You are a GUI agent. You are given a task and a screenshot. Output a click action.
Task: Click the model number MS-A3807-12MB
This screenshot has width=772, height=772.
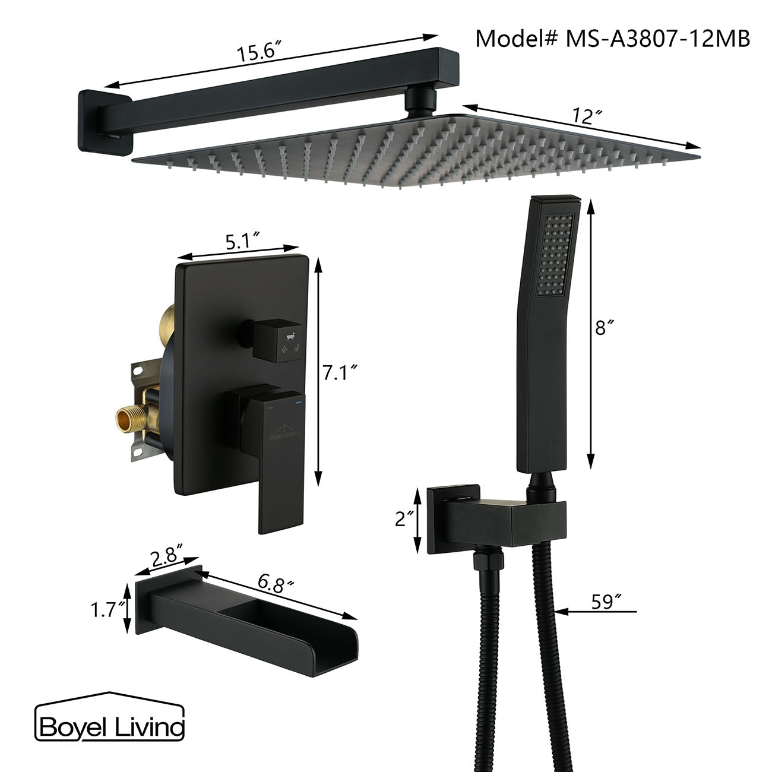coord(613,39)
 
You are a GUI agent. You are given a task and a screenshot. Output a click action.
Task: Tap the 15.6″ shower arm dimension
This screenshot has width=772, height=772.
coord(258,52)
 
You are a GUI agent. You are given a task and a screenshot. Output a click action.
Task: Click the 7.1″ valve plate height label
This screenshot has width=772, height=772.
coord(340,372)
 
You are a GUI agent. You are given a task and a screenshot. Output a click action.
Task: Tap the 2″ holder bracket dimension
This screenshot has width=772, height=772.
coord(404,520)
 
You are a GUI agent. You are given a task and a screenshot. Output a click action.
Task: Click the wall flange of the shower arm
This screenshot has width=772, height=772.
coord(104,122)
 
